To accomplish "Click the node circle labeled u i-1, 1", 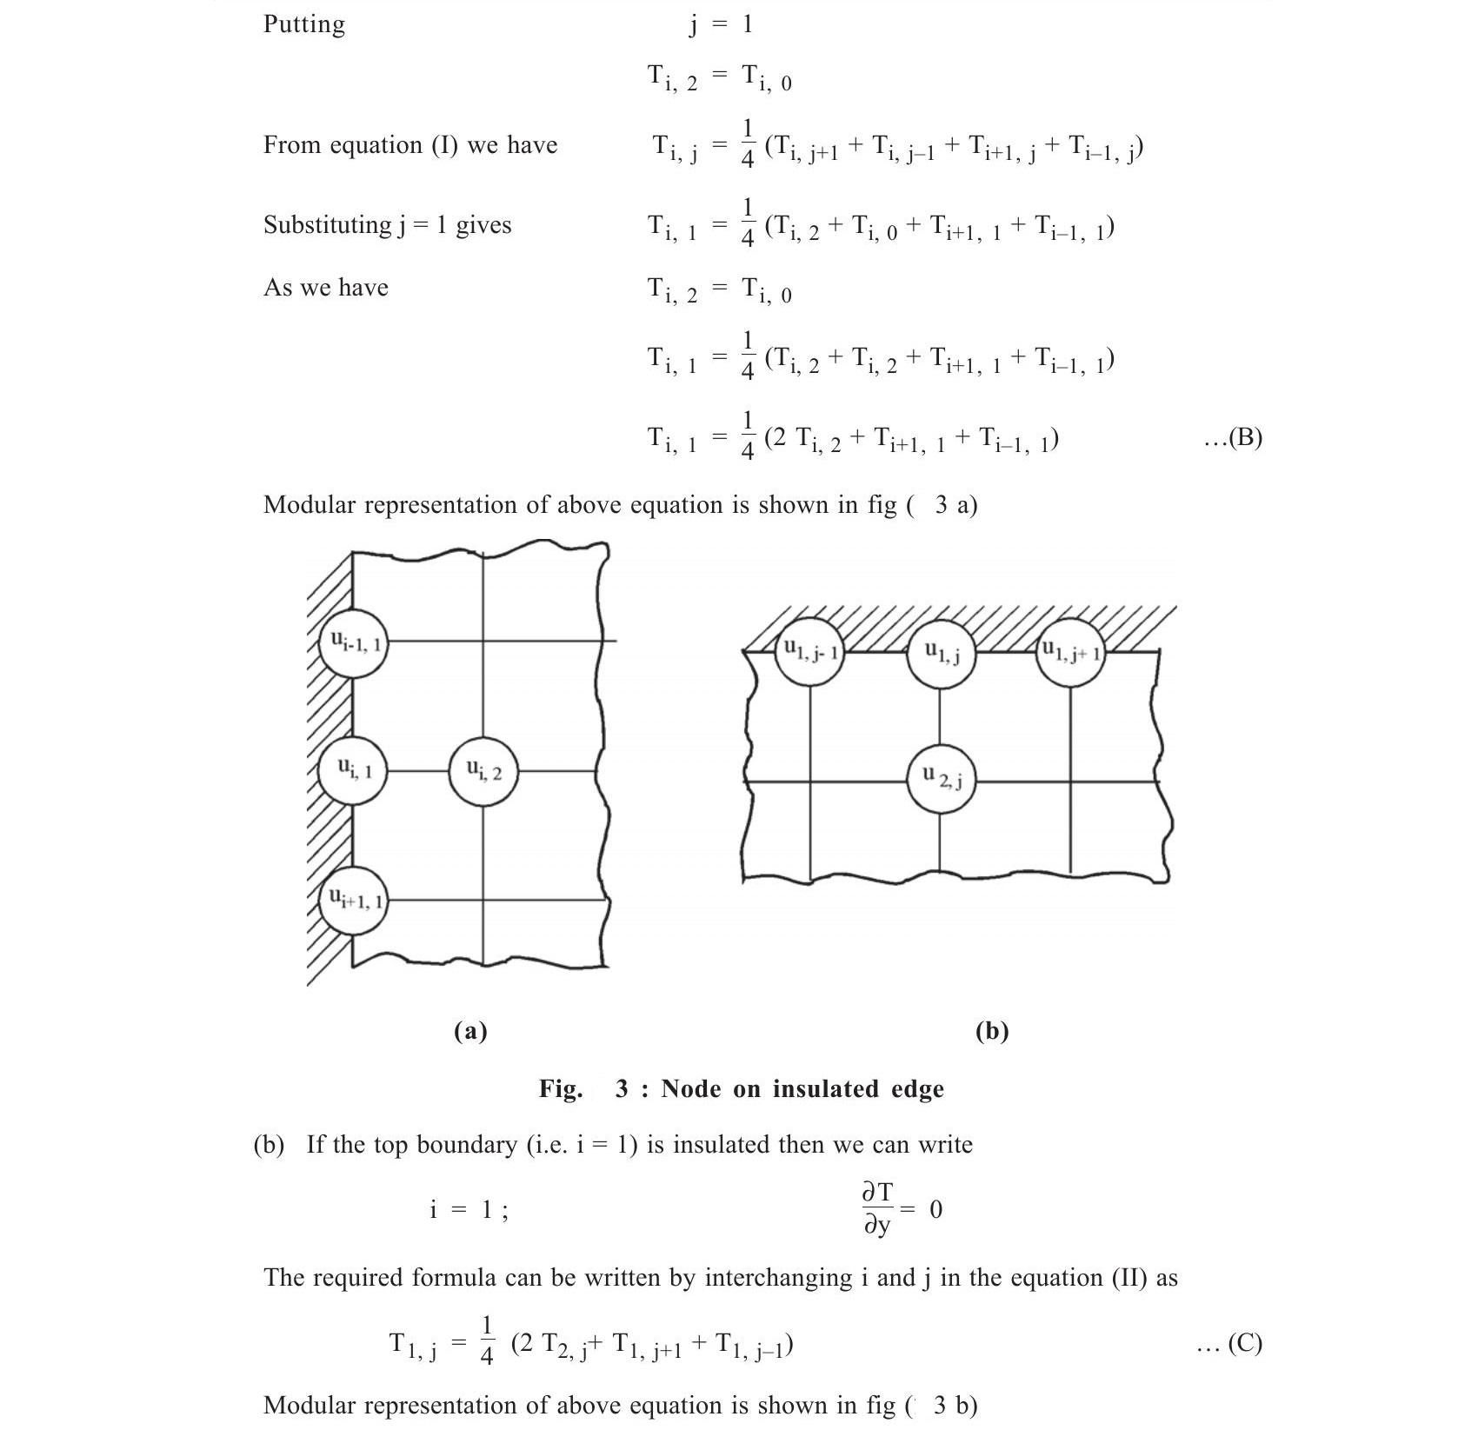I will tap(353, 643).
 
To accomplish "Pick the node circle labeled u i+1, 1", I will tap(353, 900).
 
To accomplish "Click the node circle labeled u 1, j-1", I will tap(809, 651).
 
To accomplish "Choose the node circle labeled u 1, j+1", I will tap(1071, 651).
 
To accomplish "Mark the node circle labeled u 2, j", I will tap(941, 778).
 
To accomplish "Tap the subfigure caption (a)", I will tap(470, 1031).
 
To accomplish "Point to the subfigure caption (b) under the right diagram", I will tap(992, 1031).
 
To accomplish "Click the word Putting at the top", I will tap(303, 24).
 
